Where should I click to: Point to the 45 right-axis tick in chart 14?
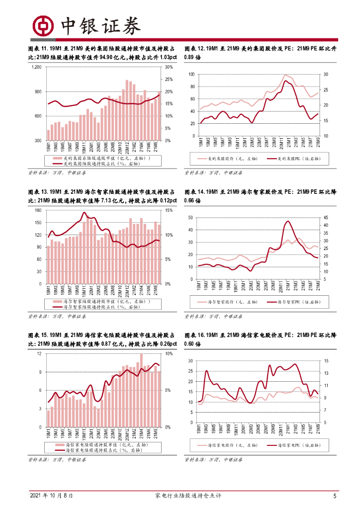[325, 218]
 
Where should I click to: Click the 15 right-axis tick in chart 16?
[325, 361]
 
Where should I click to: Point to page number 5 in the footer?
[335, 496]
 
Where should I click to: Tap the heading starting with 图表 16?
[261, 339]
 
